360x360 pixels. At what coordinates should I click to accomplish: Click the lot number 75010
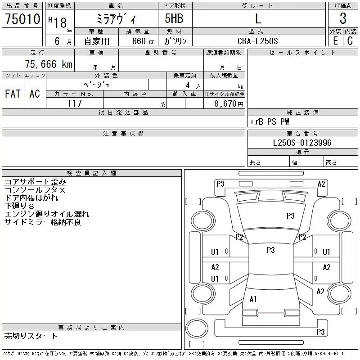coord(22,18)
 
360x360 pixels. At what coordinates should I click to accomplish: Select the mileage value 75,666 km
coord(49,64)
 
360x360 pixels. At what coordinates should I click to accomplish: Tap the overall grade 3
coord(343,18)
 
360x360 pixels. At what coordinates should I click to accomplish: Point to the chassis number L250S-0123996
coord(302,143)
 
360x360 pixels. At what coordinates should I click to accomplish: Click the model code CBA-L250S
coord(257,41)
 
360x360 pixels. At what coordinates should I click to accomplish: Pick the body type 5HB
coord(174,18)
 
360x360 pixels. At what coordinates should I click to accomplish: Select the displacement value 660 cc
coord(143,41)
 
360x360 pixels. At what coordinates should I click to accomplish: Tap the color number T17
coord(74,103)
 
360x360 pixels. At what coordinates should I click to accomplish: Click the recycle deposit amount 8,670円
coord(229,104)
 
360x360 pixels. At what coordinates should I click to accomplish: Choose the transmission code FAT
coord(13,94)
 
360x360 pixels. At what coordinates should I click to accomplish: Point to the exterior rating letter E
coord(335,41)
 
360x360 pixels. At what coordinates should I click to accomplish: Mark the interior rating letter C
coord(350,41)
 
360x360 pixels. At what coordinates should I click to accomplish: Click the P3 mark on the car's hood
coord(290,216)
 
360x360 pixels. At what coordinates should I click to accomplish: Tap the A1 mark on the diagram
coord(253,299)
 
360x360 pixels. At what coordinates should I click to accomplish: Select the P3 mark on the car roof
coord(271,250)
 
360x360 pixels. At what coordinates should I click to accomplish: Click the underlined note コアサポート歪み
coord(35,182)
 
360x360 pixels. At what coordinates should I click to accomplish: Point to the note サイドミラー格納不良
coord(43,222)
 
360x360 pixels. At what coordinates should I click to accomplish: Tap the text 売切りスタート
coord(31,336)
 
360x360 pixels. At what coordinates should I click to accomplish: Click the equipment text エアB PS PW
coord(269,121)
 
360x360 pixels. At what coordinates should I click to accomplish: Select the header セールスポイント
coord(302,53)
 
